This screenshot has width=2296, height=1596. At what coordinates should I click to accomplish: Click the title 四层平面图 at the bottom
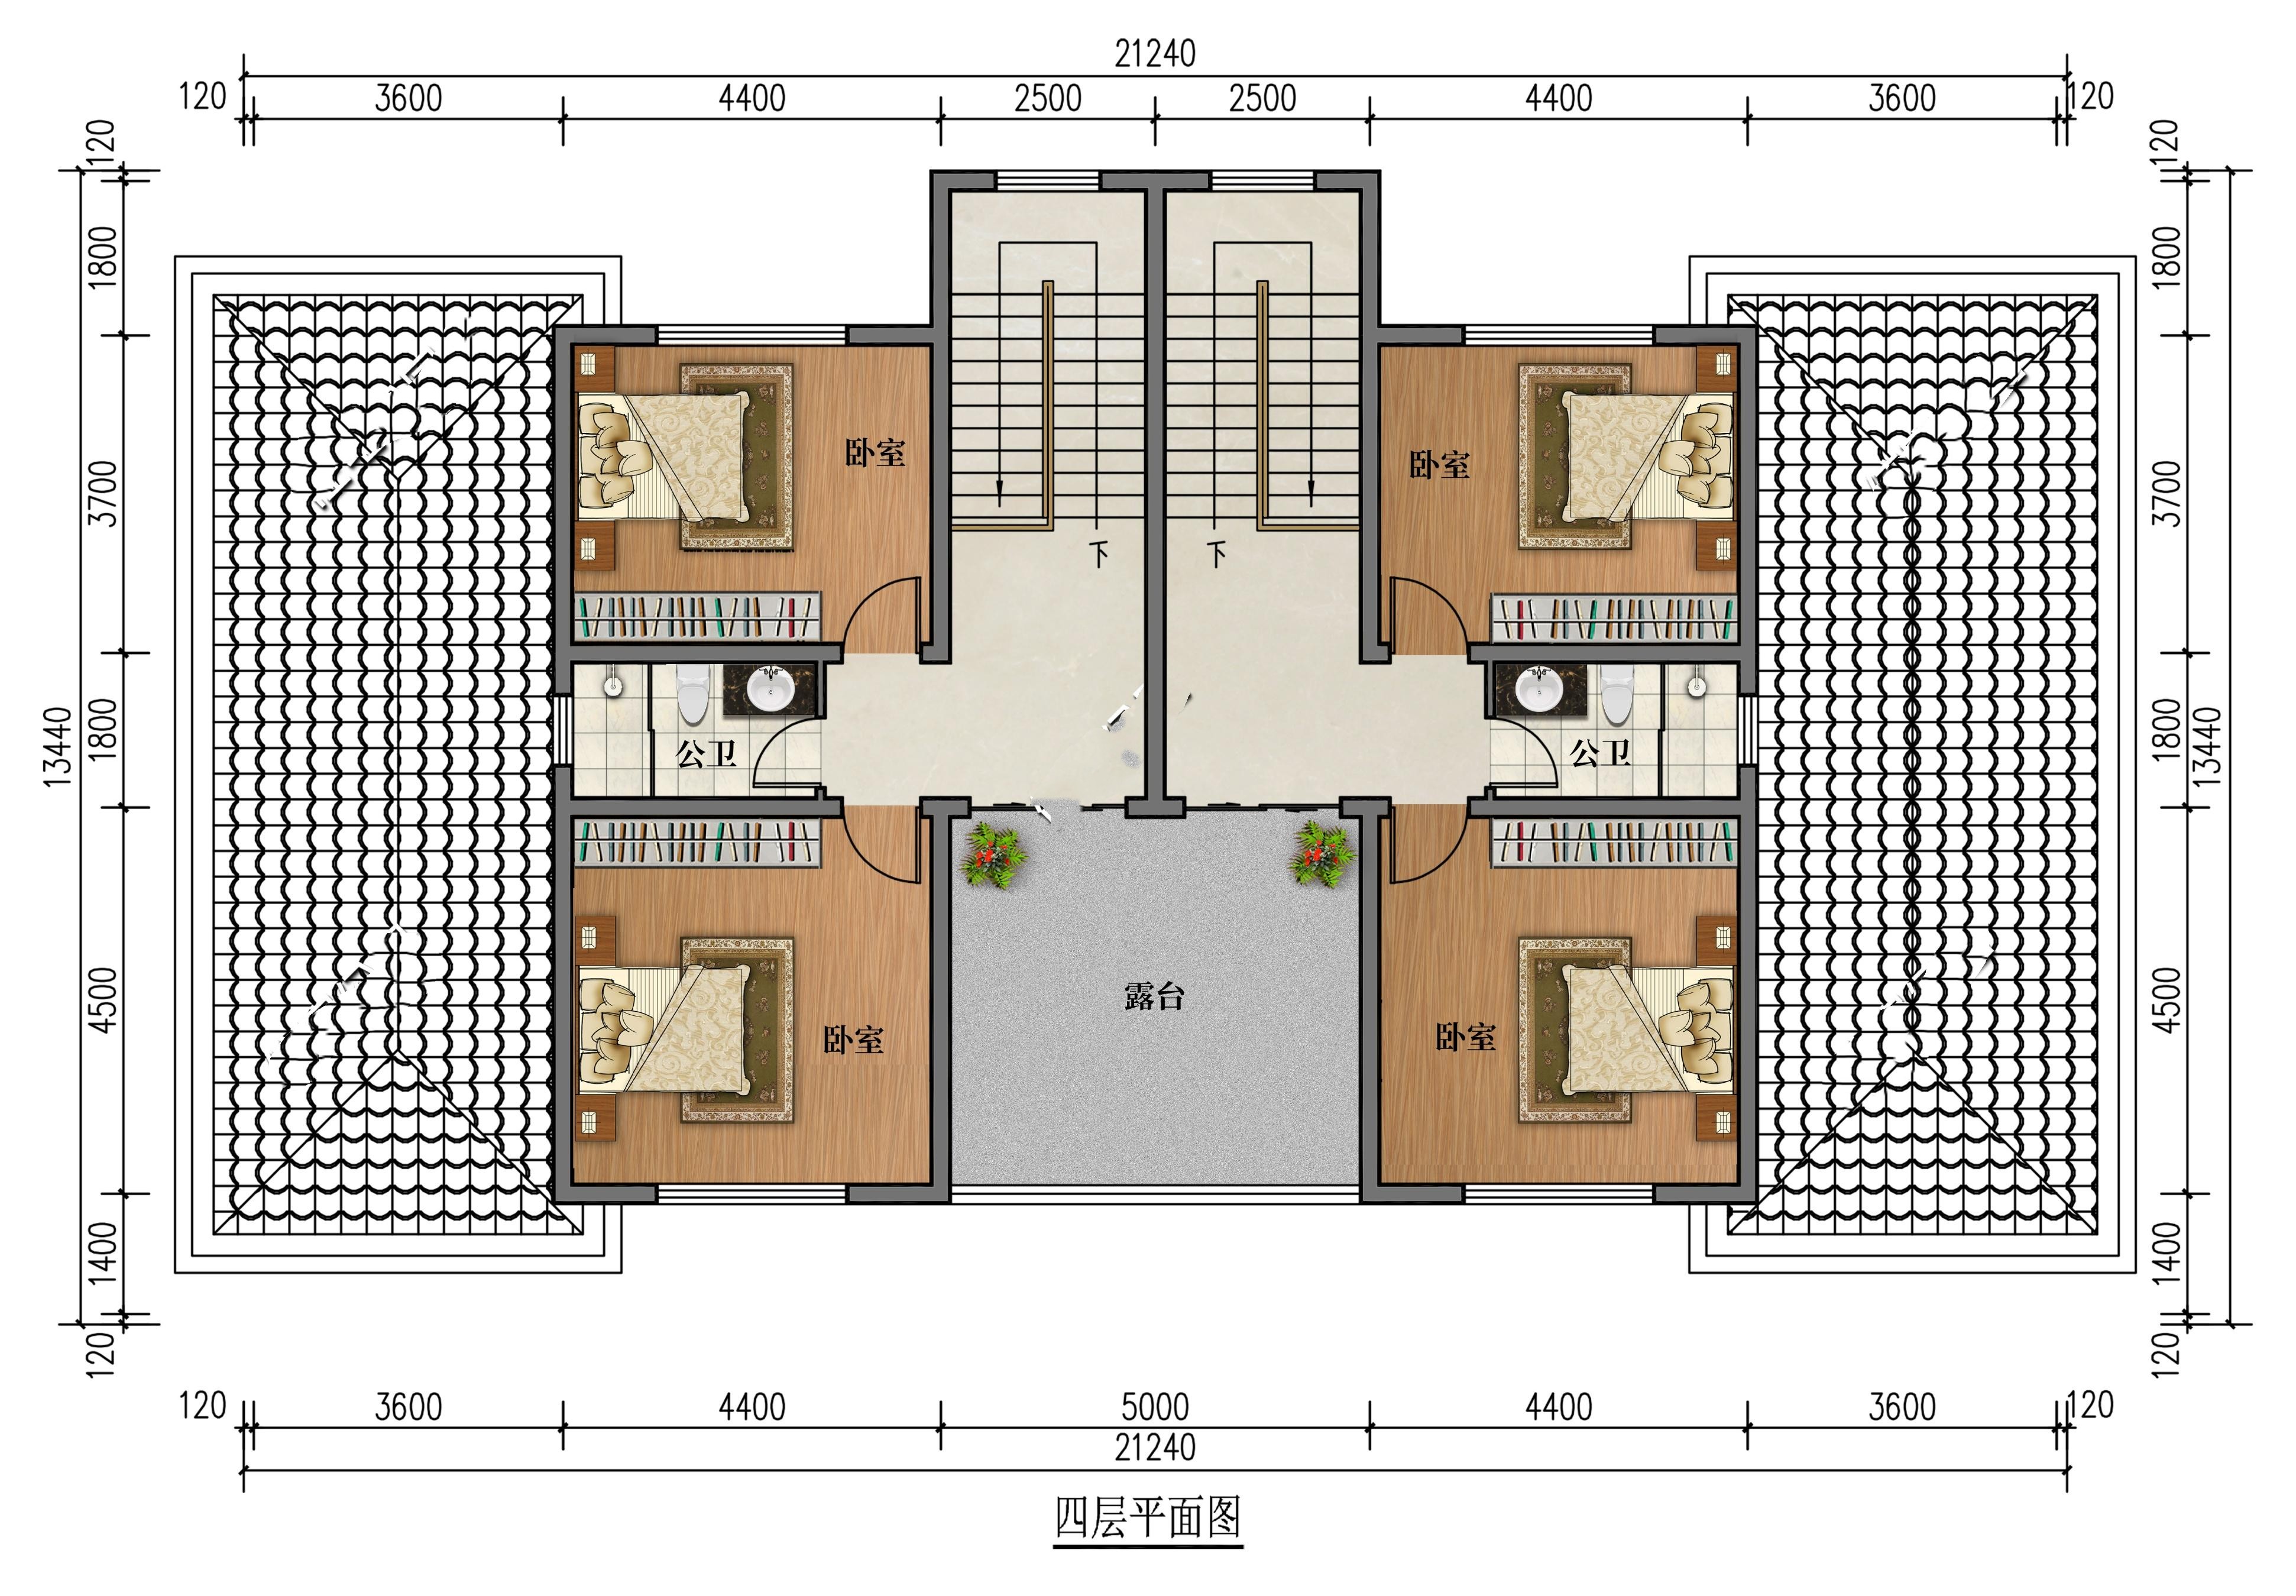pyautogui.click(x=1148, y=1518)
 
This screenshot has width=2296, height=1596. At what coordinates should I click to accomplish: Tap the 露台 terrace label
pyautogui.click(x=1154, y=996)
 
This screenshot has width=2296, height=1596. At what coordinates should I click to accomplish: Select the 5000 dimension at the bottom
pyautogui.click(x=1155, y=1407)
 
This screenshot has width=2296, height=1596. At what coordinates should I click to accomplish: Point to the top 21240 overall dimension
pyautogui.click(x=1155, y=54)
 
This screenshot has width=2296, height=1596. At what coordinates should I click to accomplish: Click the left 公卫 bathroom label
pyautogui.click(x=707, y=753)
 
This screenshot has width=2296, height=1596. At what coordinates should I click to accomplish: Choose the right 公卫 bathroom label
pyautogui.click(x=1600, y=752)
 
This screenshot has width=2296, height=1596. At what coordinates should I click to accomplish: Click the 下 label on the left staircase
pyautogui.click(x=1099, y=553)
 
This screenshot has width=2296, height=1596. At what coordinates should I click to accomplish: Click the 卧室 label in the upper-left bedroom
pyautogui.click(x=875, y=453)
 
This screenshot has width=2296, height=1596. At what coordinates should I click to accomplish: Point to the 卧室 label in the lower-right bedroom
pyautogui.click(x=1466, y=1037)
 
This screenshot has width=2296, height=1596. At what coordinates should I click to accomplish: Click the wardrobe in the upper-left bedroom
pyautogui.click(x=698, y=617)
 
